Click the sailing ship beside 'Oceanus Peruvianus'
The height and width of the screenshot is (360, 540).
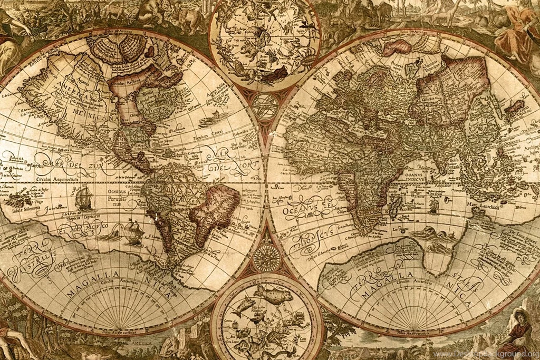pyautogui.click(x=84, y=198)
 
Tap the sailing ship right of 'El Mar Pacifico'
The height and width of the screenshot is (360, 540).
pyautogui.click(x=132, y=230)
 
